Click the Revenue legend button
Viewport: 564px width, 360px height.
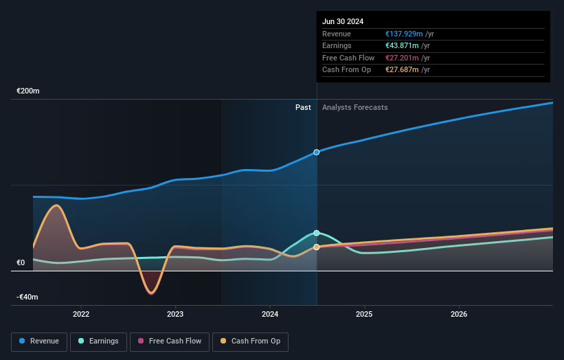click(x=39, y=341)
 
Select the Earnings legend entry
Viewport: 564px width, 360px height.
click(x=98, y=341)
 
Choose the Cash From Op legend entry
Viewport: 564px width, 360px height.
click(x=250, y=341)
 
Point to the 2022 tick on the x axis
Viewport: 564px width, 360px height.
click(x=81, y=314)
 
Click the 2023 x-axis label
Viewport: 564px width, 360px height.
click(x=175, y=314)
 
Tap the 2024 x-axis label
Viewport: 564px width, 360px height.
click(x=270, y=314)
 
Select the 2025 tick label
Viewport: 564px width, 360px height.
click(x=364, y=314)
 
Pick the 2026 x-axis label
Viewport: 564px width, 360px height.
click(x=459, y=314)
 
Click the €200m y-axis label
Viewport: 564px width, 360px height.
click(x=28, y=91)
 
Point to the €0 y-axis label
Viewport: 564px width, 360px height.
click(x=21, y=262)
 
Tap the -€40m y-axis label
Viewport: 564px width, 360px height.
click(x=28, y=297)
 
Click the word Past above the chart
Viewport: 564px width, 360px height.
click(x=303, y=107)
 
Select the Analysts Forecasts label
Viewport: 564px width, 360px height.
click(x=354, y=107)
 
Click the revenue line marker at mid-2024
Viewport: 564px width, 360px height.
click(x=317, y=152)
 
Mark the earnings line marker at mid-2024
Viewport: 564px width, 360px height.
click(x=317, y=233)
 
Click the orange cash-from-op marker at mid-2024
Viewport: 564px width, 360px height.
click(x=317, y=247)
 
